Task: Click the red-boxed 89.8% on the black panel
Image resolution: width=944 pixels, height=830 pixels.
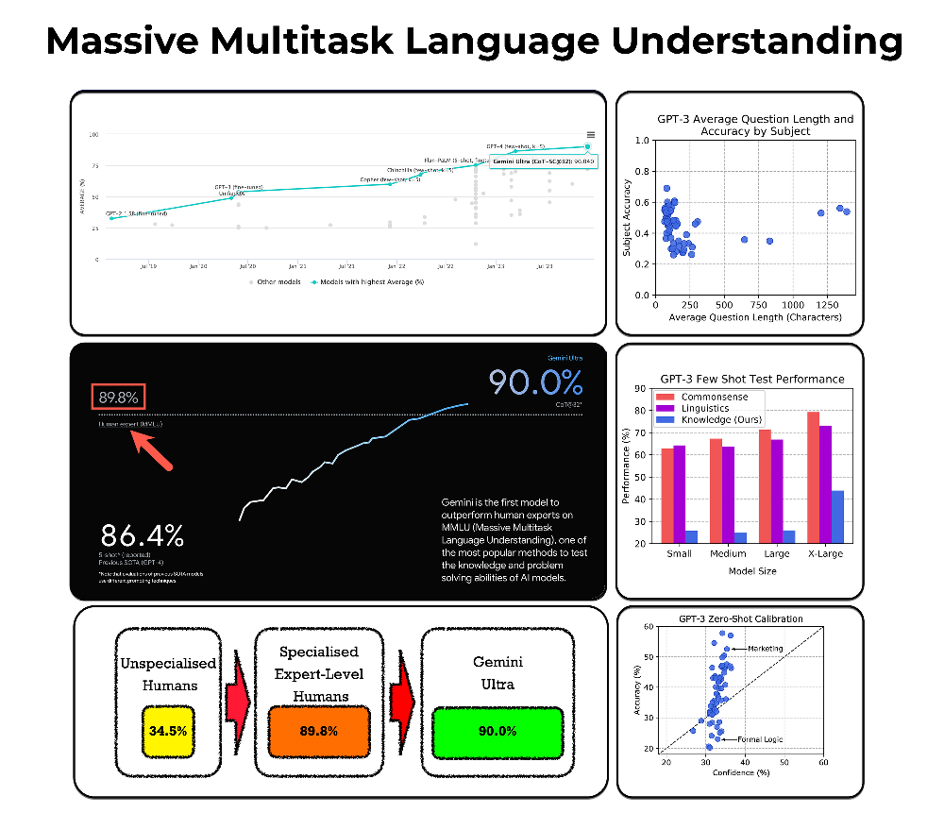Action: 118,397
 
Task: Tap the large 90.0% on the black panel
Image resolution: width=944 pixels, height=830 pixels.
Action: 535,382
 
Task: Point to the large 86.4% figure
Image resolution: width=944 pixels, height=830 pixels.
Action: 142,534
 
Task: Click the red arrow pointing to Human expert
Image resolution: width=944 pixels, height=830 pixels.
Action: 154,449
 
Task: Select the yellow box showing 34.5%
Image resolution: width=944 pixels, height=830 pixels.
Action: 167,731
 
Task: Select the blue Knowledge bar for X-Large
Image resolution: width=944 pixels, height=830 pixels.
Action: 837,517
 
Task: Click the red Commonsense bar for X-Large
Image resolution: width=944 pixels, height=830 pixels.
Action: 812,477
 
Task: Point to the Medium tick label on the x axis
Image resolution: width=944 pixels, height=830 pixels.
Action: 727,554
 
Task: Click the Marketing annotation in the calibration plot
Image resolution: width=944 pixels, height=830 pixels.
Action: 766,649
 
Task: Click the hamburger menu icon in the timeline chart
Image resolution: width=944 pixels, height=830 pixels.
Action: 590,135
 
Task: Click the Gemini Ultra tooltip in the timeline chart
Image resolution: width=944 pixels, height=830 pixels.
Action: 544,161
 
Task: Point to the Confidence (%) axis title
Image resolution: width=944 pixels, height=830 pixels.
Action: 745,772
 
